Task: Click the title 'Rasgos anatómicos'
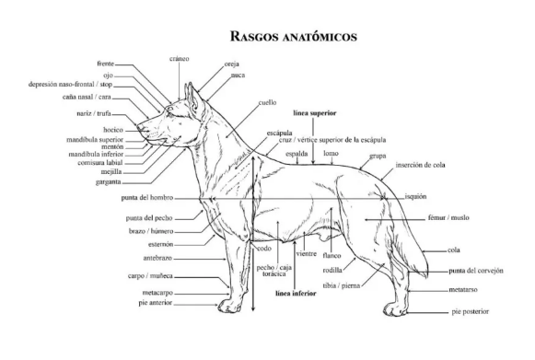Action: tap(294, 36)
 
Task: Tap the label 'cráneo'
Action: tap(180, 59)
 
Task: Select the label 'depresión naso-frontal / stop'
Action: tap(70, 85)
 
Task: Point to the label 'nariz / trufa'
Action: tap(94, 113)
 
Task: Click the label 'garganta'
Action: tap(108, 182)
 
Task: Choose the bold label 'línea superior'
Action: tap(315, 113)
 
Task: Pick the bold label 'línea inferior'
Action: tap(296, 294)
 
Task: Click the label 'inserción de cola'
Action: tap(420, 165)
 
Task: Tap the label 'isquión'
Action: tap(415, 196)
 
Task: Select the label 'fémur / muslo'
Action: tap(448, 217)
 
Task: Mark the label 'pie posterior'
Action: tap(471, 311)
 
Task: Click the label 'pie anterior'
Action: tap(156, 303)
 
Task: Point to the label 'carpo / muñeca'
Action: tap(150, 275)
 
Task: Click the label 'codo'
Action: tap(264, 249)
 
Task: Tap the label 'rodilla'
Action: tap(332, 271)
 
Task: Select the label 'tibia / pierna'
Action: tap(342, 285)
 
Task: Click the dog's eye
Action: tap(170, 109)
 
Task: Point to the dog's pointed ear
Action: tap(192, 99)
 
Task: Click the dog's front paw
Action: tap(229, 306)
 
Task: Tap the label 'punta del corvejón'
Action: tap(476, 271)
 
